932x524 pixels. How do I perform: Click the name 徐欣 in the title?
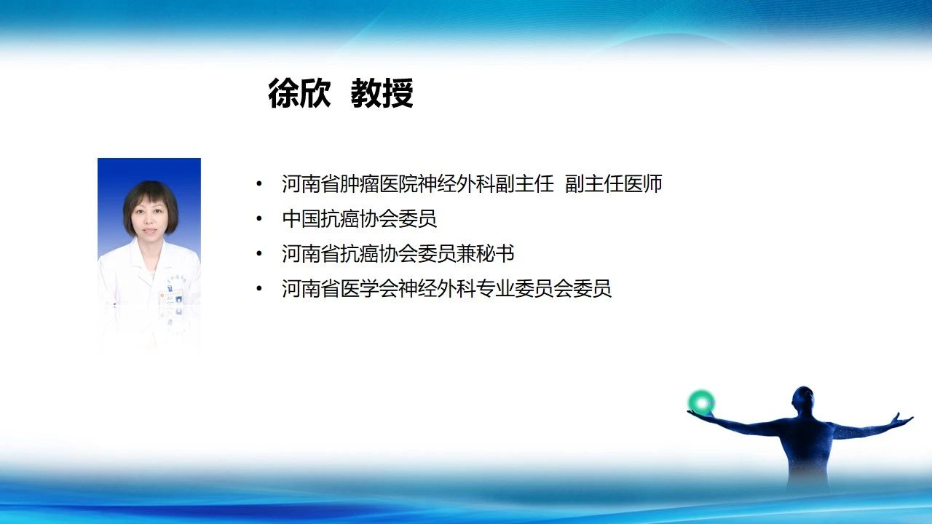[299, 93]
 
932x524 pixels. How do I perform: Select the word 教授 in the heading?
[382, 93]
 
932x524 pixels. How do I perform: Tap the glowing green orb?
[701, 402]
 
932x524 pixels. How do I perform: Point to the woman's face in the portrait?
[149, 218]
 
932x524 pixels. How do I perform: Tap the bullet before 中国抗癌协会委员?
[259, 218]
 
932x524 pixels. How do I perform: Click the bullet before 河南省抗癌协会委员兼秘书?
[259, 253]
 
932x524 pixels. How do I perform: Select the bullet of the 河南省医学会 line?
[259, 288]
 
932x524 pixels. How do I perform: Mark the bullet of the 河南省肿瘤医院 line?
[259, 183]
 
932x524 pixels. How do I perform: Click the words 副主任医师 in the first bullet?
[614, 183]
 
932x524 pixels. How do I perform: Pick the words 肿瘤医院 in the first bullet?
[379, 183]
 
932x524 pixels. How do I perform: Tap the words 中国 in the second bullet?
[301, 218]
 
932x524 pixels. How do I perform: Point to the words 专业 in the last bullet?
[495, 288]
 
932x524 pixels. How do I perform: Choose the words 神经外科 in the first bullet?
[456, 183]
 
